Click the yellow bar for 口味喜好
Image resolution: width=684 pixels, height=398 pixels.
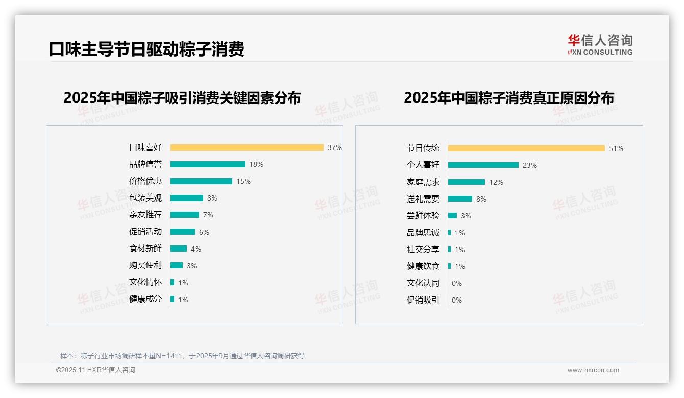pos(247,147)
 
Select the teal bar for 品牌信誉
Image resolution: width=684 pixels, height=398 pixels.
pos(207,164)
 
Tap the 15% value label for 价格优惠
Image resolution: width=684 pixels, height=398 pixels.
pos(243,181)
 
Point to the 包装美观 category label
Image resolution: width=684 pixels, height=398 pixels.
pos(145,198)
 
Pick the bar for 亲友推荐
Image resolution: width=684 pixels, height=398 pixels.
pos(184,215)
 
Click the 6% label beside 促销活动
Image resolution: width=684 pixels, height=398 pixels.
pos(204,232)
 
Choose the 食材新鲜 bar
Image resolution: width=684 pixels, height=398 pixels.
pos(178,248)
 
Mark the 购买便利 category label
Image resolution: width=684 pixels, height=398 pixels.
pos(145,265)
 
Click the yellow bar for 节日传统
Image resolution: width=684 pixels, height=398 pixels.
pos(526,148)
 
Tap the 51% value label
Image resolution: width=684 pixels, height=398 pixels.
pos(616,148)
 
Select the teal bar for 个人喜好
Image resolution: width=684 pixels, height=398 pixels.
pos(483,165)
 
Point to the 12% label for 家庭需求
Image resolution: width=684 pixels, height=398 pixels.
pos(496,182)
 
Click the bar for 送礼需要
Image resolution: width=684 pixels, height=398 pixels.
pos(460,199)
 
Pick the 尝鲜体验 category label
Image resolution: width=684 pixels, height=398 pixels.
pos(423,216)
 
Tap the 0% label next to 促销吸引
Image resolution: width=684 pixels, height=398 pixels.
pos(457,300)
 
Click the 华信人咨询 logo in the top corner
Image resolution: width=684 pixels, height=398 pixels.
pos(600,44)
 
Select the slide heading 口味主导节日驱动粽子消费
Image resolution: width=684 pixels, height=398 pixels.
pos(146,49)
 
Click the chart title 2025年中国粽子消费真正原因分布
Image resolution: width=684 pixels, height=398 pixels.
pos(509,97)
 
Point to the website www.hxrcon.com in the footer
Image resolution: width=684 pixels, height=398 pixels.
pos(593,370)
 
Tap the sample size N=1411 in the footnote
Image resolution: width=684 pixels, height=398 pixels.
pos(169,356)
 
